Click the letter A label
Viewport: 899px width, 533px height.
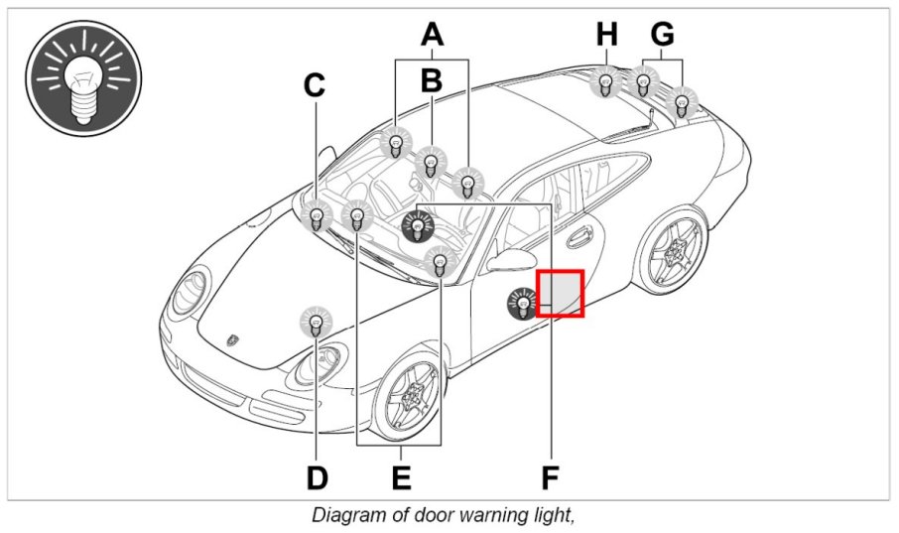click(431, 35)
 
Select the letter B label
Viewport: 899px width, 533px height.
click(431, 80)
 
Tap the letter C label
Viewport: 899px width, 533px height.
click(315, 86)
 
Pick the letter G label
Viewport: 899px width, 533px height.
click(663, 35)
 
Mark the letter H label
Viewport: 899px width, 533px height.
click(607, 35)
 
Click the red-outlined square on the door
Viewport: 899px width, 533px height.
click(561, 293)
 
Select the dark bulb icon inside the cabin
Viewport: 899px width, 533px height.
click(418, 227)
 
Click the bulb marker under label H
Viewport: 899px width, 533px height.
click(605, 81)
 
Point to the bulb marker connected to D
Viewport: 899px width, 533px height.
click(317, 322)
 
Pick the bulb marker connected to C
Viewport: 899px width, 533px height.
click(317, 214)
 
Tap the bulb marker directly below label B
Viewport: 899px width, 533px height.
click(431, 161)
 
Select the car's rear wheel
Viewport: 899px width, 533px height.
click(672, 248)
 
